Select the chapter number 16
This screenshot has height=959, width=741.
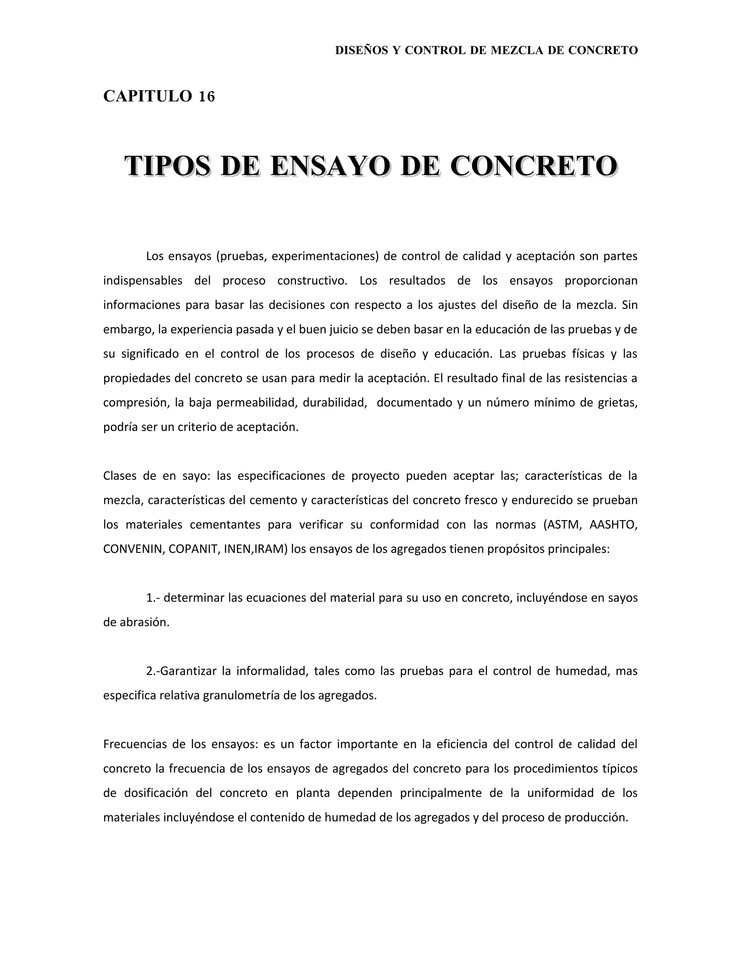[x=207, y=96]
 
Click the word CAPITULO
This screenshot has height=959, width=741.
[x=148, y=96]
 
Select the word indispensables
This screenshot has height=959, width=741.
[x=143, y=280]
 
